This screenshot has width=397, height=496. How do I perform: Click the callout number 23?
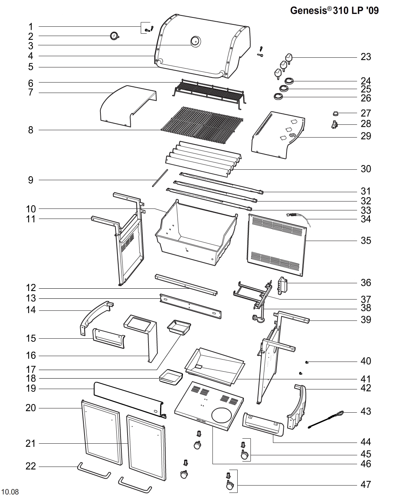click(x=366, y=57)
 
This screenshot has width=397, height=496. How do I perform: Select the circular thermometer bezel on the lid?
click(x=195, y=41)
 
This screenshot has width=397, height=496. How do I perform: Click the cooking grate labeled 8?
click(x=202, y=125)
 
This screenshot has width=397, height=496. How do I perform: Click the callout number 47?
click(x=366, y=484)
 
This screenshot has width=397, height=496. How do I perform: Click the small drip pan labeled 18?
click(x=171, y=376)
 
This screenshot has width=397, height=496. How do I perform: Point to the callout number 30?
click(x=366, y=169)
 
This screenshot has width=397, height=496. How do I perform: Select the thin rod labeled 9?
click(x=160, y=178)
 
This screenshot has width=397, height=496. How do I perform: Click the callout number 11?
click(x=31, y=219)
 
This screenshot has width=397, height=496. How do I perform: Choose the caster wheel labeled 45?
click(x=244, y=455)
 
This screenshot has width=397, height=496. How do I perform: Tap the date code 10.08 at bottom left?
click(x=10, y=492)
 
